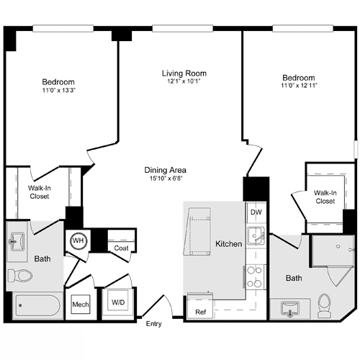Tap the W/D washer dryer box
117,303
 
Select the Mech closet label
80,305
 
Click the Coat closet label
121,248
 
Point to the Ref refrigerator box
201,312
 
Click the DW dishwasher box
255,213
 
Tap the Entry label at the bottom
153,325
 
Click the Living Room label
184,73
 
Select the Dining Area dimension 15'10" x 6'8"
167,178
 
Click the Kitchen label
229,244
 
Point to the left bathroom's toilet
22,276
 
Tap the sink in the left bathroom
17,240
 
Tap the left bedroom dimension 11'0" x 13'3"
58,91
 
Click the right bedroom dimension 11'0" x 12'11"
298,86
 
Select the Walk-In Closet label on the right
325,197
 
